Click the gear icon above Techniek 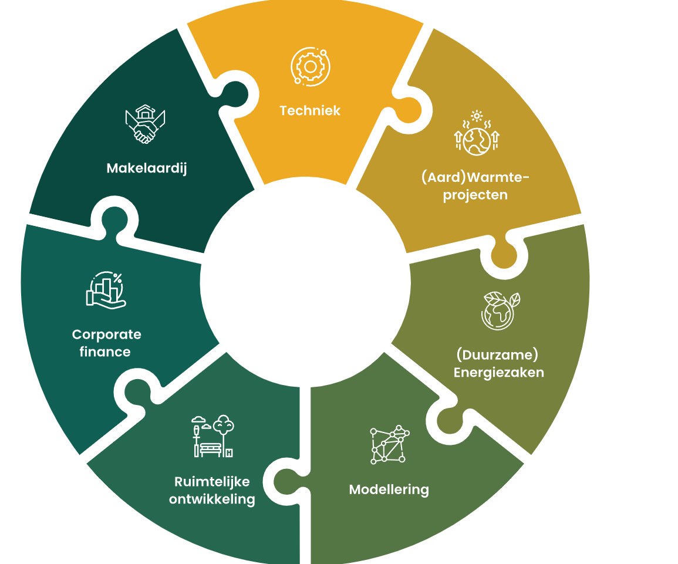click(x=310, y=66)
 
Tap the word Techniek click(x=310, y=111)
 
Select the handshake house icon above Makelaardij click(x=146, y=124)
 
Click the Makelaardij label click(x=147, y=168)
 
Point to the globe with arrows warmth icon click(x=477, y=133)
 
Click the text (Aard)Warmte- click(x=475, y=177)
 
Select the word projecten click(x=475, y=195)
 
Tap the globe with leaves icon click(x=501, y=310)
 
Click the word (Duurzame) click(x=497, y=355)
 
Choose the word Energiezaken click(x=498, y=373)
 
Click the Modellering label click(x=389, y=489)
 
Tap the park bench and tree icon click(x=212, y=436)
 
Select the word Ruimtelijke click(x=212, y=482)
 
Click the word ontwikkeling click(x=212, y=499)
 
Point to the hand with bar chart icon click(x=106, y=290)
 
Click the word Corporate click(x=106, y=335)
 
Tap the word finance click(x=105, y=352)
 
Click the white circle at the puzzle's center click(x=305, y=282)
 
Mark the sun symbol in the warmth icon click(x=477, y=116)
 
